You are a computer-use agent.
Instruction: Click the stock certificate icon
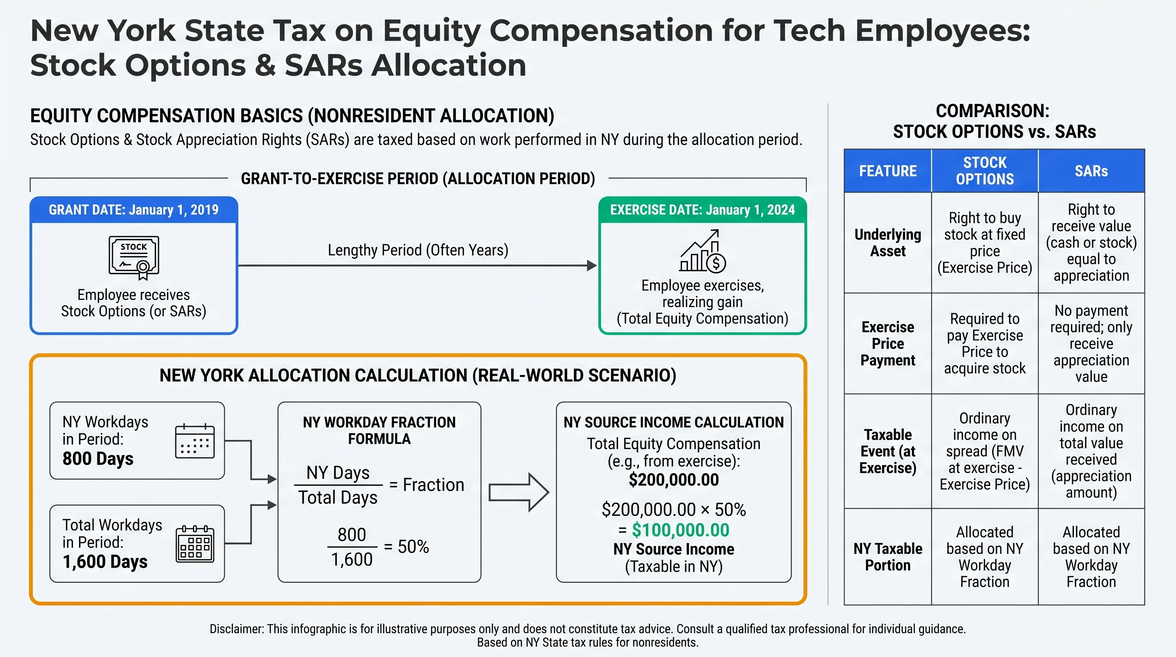click(134, 257)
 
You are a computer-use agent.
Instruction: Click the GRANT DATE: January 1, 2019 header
click(134, 210)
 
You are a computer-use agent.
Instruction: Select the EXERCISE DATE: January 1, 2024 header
click(702, 210)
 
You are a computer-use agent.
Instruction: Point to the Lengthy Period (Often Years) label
click(418, 250)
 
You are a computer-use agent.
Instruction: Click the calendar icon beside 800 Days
click(195, 441)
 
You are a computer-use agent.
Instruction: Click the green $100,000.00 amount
click(680, 530)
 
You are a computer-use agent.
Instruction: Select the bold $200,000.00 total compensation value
click(673, 480)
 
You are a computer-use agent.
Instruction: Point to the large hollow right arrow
click(518, 492)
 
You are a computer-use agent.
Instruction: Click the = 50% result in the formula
click(406, 547)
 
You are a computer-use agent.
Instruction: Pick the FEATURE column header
click(888, 171)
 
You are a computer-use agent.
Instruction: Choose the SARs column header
click(1091, 171)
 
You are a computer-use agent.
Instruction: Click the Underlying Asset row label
click(888, 243)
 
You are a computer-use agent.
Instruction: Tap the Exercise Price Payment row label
click(888, 343)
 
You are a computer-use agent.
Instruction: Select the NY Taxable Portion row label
click(888, 556)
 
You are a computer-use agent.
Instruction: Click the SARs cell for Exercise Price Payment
click(1091, 343)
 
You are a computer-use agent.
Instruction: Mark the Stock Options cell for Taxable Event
click(985, 451)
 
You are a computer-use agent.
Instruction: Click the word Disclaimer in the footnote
click(236, 629)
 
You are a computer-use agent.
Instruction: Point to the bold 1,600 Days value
click(105, 562)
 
